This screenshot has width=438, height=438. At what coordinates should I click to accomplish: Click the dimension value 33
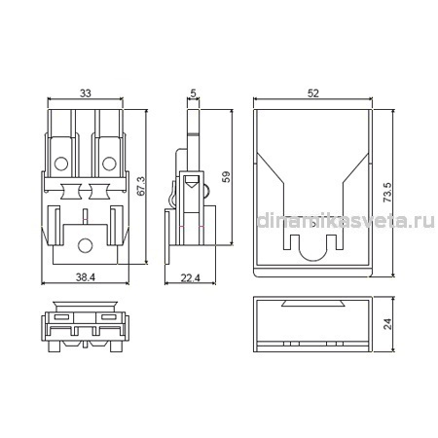[x=86, y=93]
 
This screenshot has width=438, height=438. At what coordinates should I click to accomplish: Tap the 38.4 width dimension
[x=86, y=277]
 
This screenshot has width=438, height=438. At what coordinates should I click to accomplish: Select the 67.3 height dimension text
[x=141, y=186]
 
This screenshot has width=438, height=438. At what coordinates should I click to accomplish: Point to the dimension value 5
[x=193, y=93]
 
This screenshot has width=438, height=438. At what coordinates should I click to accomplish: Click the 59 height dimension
[x=226, y=177]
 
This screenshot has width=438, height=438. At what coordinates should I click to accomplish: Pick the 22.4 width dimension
[x=190, y=278]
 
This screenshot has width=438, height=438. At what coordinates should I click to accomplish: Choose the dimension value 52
[x=313, y=93]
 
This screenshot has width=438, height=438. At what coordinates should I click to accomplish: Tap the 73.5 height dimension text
[x=387, y=193]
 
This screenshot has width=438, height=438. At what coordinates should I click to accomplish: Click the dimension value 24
[x=387, y=324]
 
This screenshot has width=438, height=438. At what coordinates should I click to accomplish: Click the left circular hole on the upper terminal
[x=61, y=164]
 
